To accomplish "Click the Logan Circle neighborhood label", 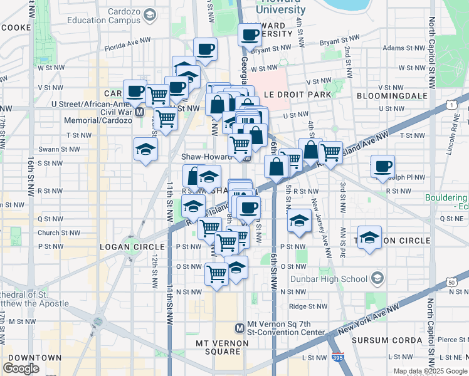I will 132,247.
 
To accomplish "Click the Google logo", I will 21,368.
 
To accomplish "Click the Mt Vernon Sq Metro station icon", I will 239,328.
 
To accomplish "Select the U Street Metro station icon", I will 140,112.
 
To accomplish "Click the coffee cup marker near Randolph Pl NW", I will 382,167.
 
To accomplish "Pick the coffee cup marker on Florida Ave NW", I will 204,49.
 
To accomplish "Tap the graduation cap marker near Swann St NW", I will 145,149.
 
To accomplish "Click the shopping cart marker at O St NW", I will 217,273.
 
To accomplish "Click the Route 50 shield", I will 452,283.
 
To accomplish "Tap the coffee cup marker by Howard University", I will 250,34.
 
